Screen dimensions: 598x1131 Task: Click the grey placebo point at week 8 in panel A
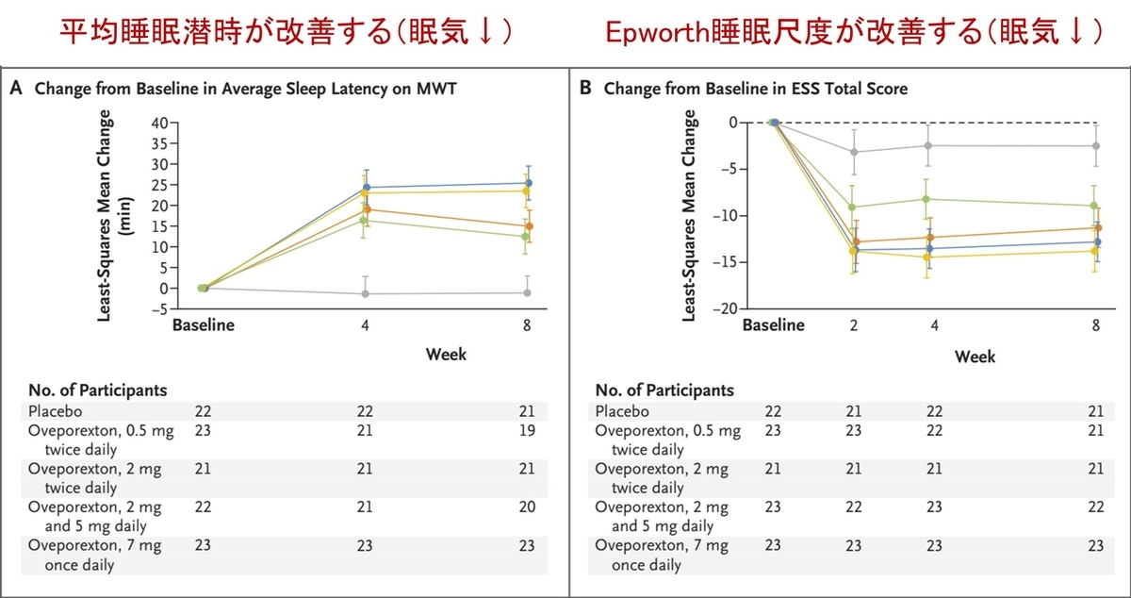[x=528, y=292]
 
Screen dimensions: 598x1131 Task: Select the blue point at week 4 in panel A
[x=366, y=187]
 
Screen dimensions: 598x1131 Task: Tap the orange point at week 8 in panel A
[x=529, y=226]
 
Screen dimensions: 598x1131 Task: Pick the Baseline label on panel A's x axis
[x=203, y=325]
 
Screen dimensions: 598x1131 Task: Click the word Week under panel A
[x=446, y=355]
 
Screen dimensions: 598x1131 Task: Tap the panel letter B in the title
[x=585, y=90]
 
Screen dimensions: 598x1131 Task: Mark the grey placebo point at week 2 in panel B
[x=855, y=152]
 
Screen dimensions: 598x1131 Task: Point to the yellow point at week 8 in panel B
[x=1094, y=250]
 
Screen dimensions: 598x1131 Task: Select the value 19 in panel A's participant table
[x=527, y=431]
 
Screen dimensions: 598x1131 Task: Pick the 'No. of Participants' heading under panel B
[x=664, y=390]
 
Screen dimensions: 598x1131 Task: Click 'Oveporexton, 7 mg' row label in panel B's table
[x=661, y=546]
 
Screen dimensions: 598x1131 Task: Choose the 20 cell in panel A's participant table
[x=527, y=507]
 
